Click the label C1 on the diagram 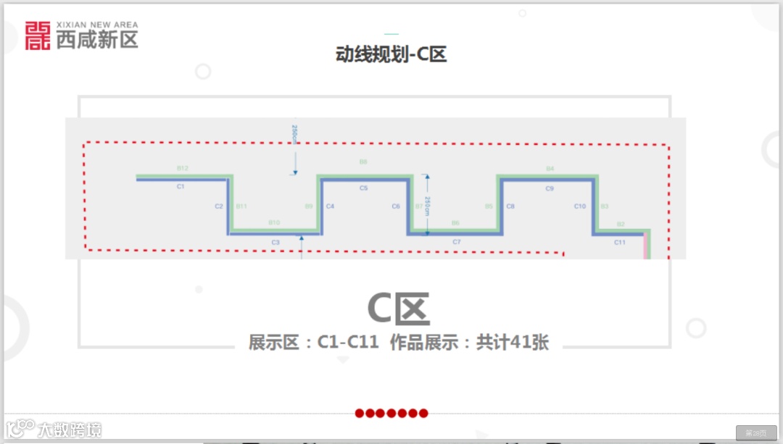pyautogui.click(x=181, y=187)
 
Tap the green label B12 pyautogui.click(x=183, y=168)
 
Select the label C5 pyautogui.click(x=363, y=188)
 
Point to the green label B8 pyautogui.click(x=363, y=162)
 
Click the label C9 pyautogui.click(x=550, y=188)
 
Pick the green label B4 pyautogui.click(x=550, y=169)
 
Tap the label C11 pyautogui.click(x=619, y=242)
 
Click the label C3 pyautogui.click(x=275, y=242)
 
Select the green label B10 pyautogui.click(x=274, y=222)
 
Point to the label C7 pyautogui.click(x=456, y=241)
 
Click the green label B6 pyautogui.click(x=455, y=222)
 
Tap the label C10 pyautogui.click(x=580, y=206)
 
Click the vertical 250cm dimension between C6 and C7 pyautogui.click(x=428, y=206)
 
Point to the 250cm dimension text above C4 pyautogui.click(x=294, y=135)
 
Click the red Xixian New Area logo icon pyautogui.click(x=38, y=35)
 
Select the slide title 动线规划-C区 pyautogui.click(x=391, y=55)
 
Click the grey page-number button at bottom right pyautogui.click(x=756, y=432)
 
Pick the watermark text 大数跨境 pyautogui.click(x=70, y=429)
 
